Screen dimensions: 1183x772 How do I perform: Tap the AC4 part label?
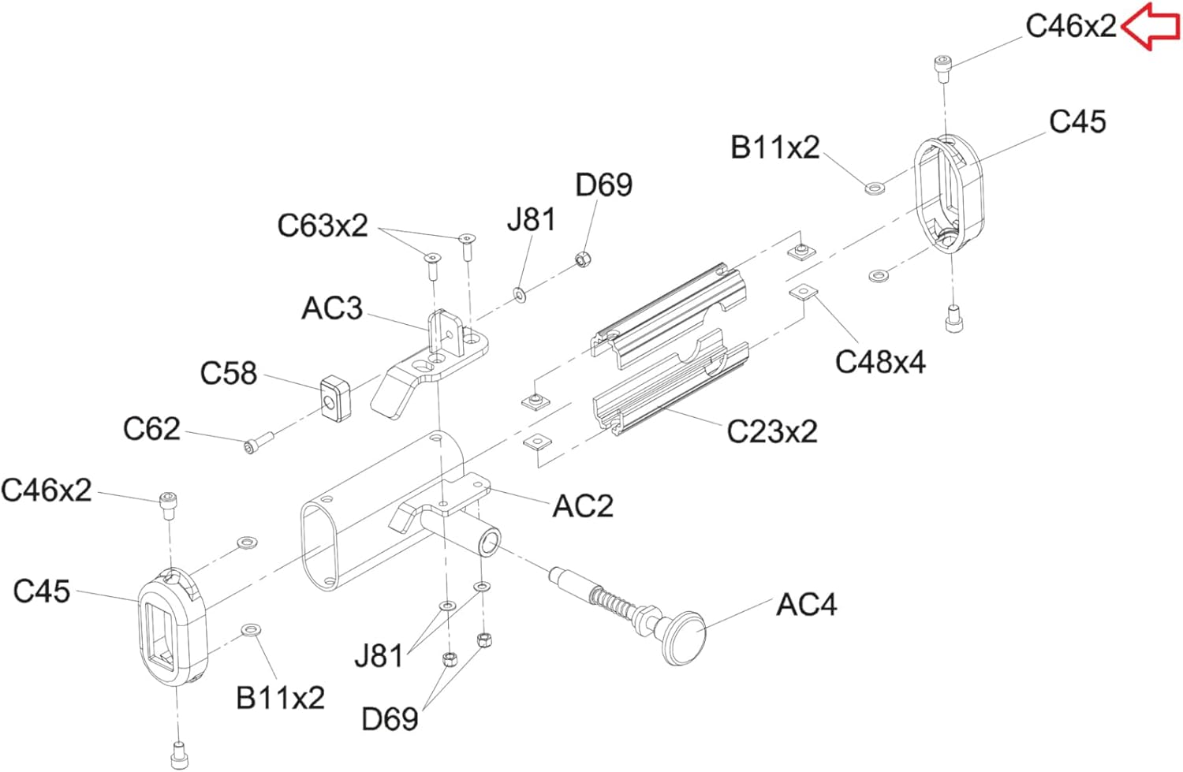pos(807,605)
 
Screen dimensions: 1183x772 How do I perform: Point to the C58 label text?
pos(229,373)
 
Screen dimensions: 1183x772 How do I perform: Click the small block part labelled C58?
pos(335,398)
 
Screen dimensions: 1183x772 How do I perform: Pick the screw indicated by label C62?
pos(259,442)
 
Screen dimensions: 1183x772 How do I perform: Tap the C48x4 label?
pos(880,363)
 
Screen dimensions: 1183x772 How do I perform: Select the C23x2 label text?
pos(772,431)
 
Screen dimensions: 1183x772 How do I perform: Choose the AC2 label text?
pos(583,506)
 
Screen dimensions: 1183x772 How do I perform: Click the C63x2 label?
pos(322,226)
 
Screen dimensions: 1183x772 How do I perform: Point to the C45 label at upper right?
pos(1077,121)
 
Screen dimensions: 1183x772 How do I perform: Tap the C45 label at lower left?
pos(42,591)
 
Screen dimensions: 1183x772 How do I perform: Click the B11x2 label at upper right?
pos(774,147)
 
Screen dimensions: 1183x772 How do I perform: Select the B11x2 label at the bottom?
pos(281,698)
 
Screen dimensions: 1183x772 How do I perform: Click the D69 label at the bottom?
pos(390,718)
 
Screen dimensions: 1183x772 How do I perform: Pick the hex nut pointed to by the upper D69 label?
pos(583,259)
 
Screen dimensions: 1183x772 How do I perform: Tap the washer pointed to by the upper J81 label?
pos(521,295)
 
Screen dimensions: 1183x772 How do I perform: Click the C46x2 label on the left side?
pos(47,490)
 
